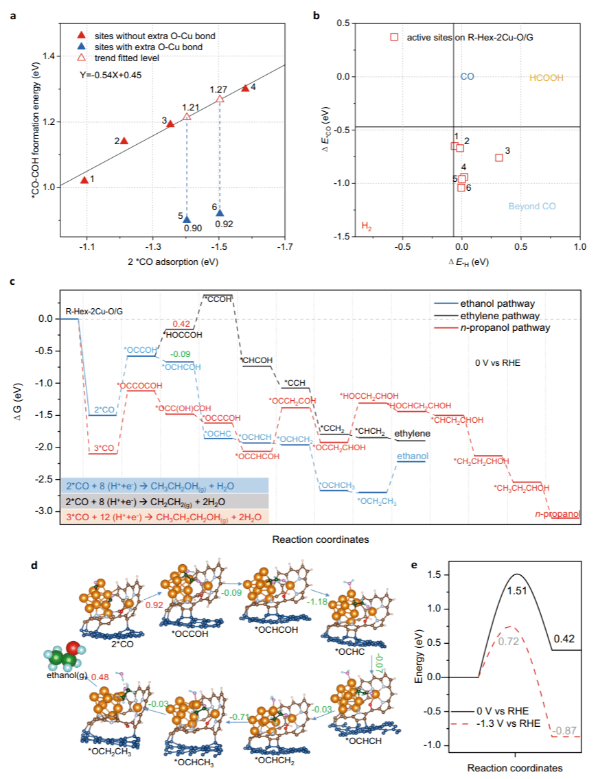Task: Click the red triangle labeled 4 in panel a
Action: (x=245, y=88)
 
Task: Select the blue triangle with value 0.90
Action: (x=186, y=219)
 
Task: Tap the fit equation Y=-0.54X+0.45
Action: (x=111, y=75)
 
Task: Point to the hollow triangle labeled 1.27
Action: (x=220, y=100)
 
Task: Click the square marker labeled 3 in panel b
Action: (x=499, y=158)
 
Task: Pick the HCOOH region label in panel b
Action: (x=546, y=78)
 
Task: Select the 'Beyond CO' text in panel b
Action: (x=532, y=206)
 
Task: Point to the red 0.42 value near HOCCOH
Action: (x=181, y=323)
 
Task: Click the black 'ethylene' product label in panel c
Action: (x=412, y=434)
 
